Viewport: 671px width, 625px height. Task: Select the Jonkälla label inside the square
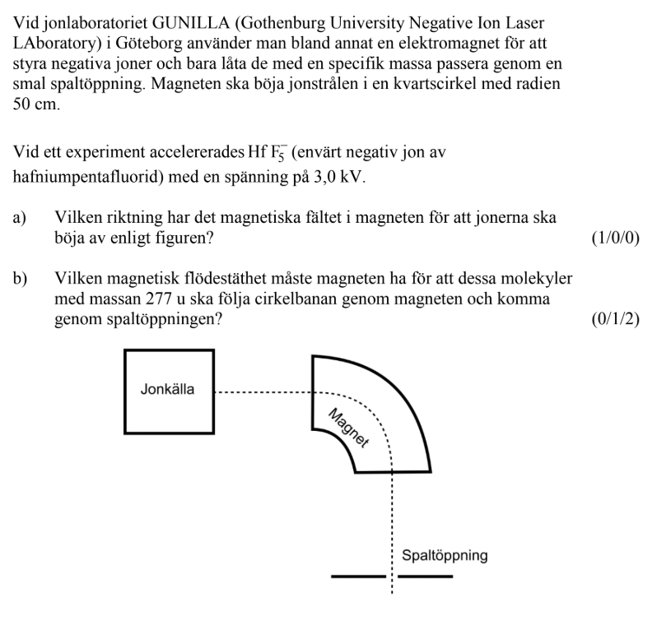[x=167, y=390]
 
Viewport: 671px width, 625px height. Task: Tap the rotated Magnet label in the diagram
[x=348, y=428]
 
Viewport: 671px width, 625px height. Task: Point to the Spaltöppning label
[x=445, y=555]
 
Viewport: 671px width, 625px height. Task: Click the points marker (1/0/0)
[x=616, y=238]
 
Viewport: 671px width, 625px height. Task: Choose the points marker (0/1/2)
[x=616, y=318]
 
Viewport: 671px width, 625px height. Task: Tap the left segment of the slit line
[x=358, y=576]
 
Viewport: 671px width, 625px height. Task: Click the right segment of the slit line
[x=426, y=576]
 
